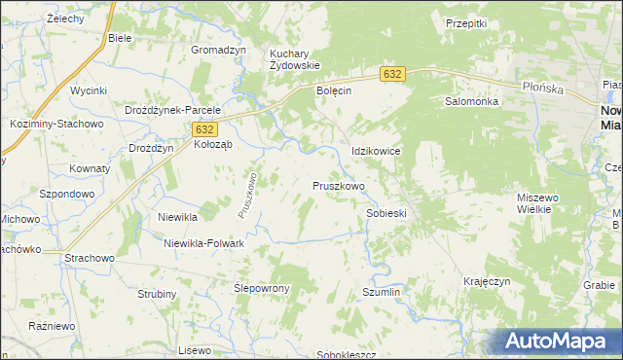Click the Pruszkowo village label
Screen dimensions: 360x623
(338, 185)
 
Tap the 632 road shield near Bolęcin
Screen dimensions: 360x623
(391, 74)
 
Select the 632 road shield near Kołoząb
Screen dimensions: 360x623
(203, 128)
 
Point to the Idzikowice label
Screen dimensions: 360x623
(376, 152)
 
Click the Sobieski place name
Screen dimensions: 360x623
(385, 212)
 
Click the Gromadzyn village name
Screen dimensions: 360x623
(218, 50)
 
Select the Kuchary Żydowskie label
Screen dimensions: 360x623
(295, 57)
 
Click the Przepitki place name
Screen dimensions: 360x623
(465, 22)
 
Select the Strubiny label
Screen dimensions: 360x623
(157, 293)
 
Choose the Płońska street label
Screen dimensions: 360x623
(569, 86)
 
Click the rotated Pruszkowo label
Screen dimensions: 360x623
(247, 195)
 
